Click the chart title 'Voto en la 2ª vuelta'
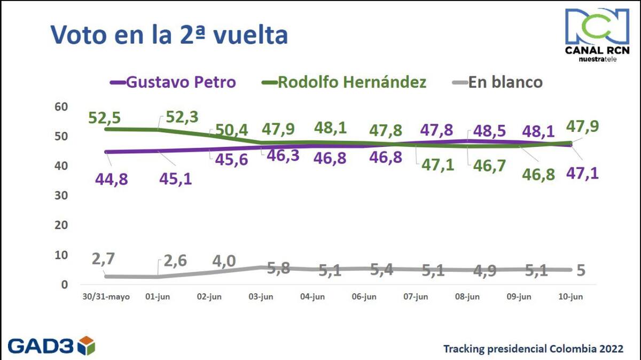tap(169, 35)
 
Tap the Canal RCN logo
tap(597, 35)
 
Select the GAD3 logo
tap(51, 346)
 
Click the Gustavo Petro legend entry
tap(173, 82)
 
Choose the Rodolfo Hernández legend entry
tap(344, 82)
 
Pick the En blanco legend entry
tap(497, 82)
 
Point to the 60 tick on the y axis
tap(61, 107)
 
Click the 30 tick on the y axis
tap(61, 195)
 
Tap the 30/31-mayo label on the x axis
tap(106, 297)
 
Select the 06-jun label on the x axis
tap(364, 297)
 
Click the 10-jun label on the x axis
tap(570, 297)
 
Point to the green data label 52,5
tap(105, 118)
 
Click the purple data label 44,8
tap(111, 179)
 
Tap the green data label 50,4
tap(231, 130)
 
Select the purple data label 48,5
tap(490, 131)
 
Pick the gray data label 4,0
tap(224, 261)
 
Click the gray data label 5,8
tap(278, 268)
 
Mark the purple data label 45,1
tap(175, 179)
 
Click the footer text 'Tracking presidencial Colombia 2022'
tap(534, 349)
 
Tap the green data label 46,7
tap(490, 166)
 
